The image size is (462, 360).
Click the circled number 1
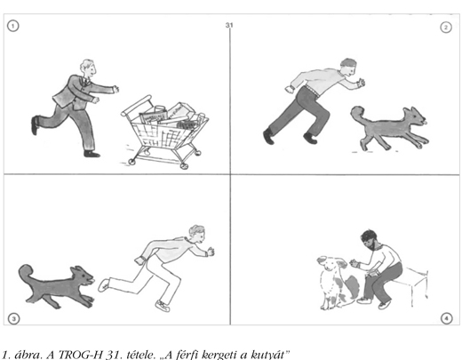point(12,26)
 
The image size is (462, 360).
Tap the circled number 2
point(446,28)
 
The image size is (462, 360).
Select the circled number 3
point(13,319)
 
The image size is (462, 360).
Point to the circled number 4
point(447,318)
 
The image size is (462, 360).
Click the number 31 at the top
point(229,25)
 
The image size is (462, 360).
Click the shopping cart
point(164,132)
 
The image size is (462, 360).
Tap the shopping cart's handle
point(136,105)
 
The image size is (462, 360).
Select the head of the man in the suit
point(88,68)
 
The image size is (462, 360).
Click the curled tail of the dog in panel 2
point(358,114)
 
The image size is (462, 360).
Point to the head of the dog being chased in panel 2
point(415,116)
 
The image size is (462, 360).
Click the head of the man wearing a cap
point(348,67)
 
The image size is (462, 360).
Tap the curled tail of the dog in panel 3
point(27,273)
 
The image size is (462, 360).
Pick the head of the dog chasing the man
point(83,276)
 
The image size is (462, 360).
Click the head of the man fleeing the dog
point(197,234)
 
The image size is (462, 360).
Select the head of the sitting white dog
point(331,263)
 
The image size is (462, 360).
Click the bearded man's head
point(369,240)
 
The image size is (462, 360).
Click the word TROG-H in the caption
point(81,355)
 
